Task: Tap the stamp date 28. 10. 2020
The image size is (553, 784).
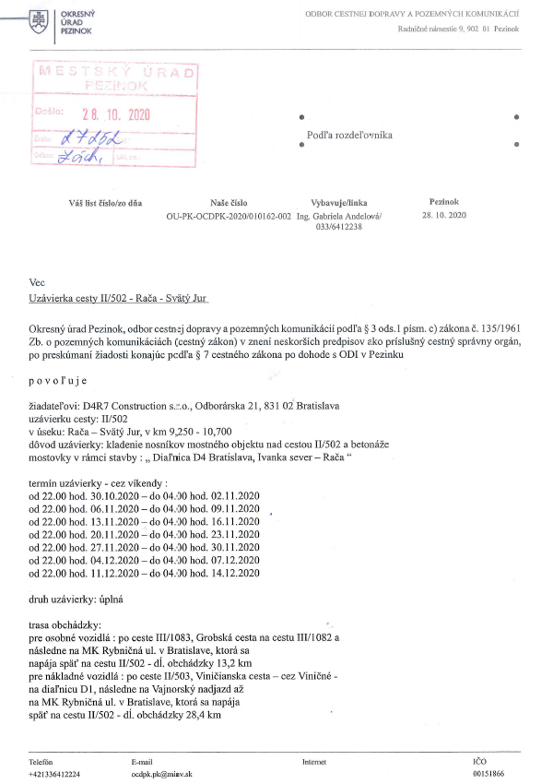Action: click(114, 114)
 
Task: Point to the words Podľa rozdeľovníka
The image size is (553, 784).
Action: click(349, 135)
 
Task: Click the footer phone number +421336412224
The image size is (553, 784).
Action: click(54, 775)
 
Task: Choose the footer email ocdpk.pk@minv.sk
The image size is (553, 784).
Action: click(165, 775)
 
